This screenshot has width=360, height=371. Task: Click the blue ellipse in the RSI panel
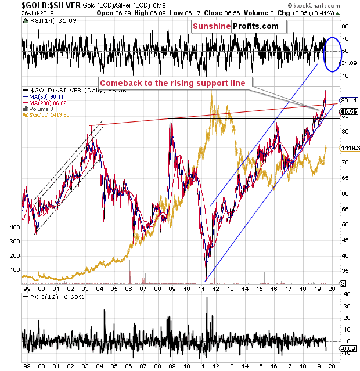pyautogui.click(x=335, y=54)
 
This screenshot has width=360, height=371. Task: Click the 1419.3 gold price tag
pyautogui.click(x=348, y=148)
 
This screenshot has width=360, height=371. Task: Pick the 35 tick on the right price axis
pyautogui.click(x=343, y=270)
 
